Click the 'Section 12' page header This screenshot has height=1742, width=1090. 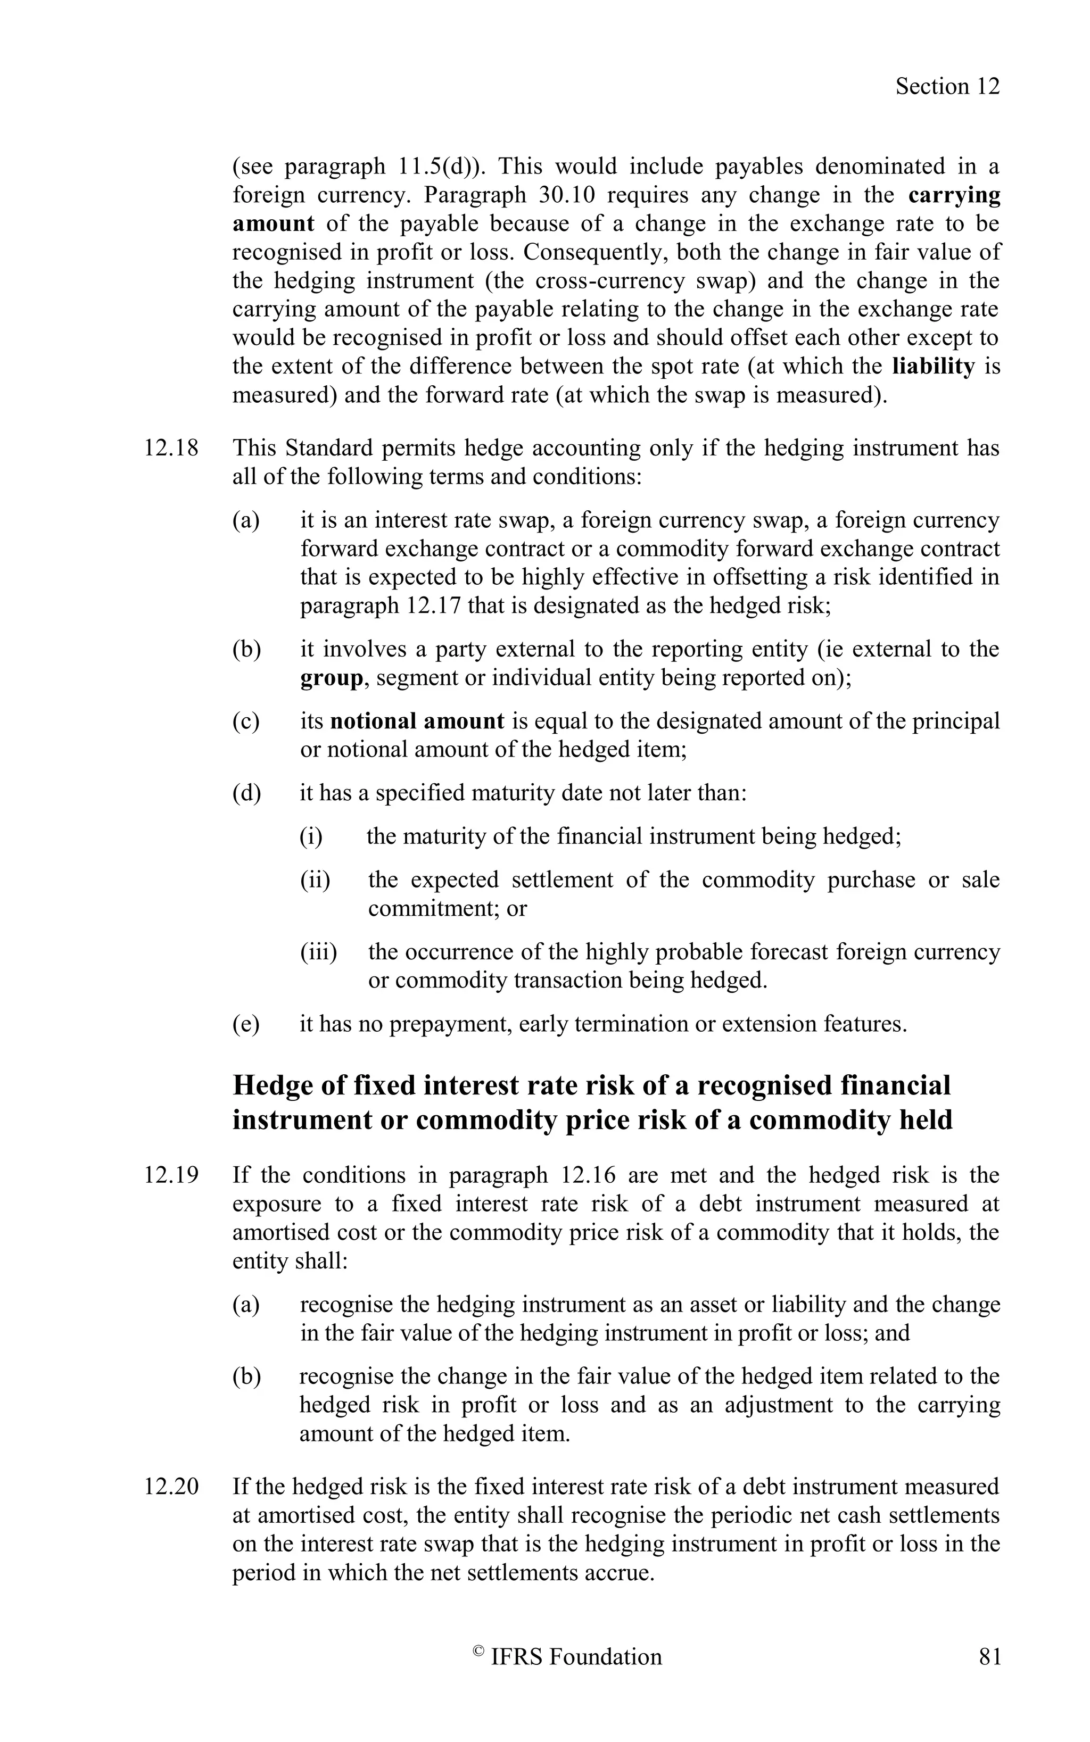[x=947, y=87]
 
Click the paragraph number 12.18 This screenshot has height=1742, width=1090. [x=171, y=449]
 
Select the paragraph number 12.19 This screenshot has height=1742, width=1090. [x=171, y=1175]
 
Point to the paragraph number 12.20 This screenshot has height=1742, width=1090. [x=171, y=1486]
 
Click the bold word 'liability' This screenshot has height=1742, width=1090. [x=933, y=366]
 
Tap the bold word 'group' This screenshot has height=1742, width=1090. [x=332, y=678]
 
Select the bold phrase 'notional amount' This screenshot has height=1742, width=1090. [x=417, y=721]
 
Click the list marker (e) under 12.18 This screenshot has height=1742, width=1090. [x=245, y=1024]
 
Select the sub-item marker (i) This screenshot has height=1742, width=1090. [x=311, y=837]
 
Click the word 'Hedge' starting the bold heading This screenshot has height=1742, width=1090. [x=277, y=1085]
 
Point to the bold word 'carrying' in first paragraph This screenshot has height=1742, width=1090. [x=954, y=195]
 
